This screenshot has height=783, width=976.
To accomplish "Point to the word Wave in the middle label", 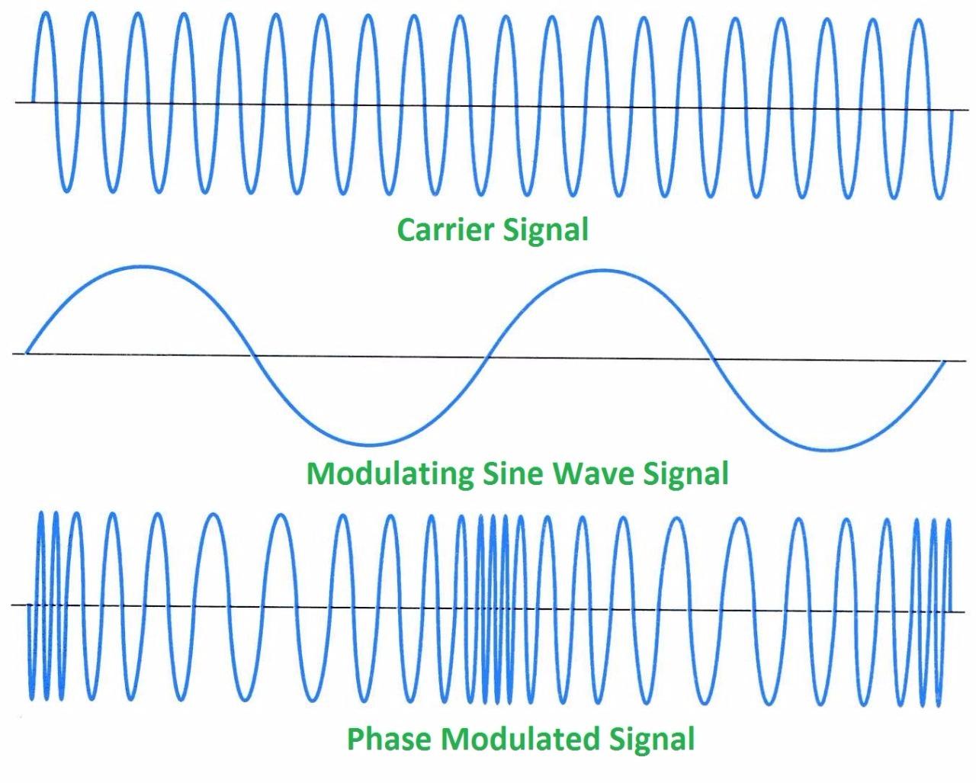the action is click(x=592, y=473).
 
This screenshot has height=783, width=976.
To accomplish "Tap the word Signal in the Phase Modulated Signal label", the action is click(x=653, y=739).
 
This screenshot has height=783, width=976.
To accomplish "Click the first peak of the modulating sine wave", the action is click(x=141, y=266).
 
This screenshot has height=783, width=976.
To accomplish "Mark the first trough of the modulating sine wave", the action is click(x=369, y=444).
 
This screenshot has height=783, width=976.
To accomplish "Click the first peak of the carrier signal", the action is click(x=46, y=13).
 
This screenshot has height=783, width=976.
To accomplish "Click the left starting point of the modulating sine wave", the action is click(x=27, y=353).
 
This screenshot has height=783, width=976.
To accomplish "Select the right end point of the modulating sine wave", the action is click(x=945, y=361).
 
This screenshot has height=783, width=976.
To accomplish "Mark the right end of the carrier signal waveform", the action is click(x=951, y=111).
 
